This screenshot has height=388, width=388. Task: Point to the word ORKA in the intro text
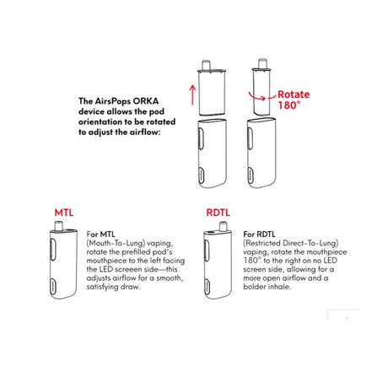pyautogui.click(x=146, y=100)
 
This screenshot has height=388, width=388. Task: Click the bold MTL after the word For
pyautogui.click(x=107, y=233)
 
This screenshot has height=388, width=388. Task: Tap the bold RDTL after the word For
pyautogui.click(x=265, y=233)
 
